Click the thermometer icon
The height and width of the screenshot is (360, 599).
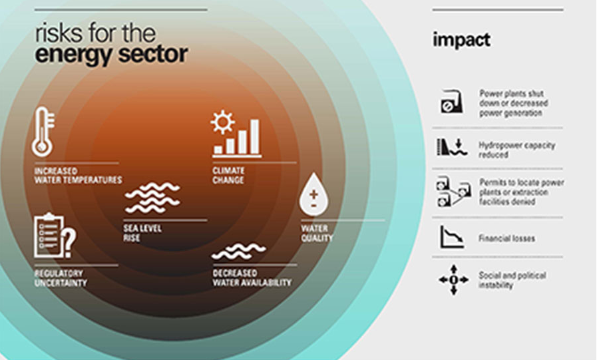click(42, 132)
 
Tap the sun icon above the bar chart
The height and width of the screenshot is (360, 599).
click(222, 122)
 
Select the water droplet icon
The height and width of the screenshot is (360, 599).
click(312, 195)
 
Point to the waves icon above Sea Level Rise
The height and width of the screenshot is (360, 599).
click(152, 198)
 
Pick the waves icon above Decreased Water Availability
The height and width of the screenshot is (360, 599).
click(238, 251)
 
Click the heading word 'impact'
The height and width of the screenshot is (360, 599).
click(461, 40)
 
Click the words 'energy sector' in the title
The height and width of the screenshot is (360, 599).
click(111, 55)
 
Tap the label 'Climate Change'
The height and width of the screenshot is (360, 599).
click(228, 176)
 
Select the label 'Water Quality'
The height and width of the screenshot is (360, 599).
click(317, 234)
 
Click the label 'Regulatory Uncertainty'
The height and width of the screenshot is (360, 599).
click(61, 278)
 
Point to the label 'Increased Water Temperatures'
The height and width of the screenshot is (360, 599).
click(78, 176)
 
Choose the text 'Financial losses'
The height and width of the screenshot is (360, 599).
click(506, 238)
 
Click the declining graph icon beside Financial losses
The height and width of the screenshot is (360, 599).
click(451, 237)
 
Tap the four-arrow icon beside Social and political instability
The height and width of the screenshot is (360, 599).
click(453, 279)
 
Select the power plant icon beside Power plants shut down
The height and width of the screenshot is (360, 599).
click(451, 102)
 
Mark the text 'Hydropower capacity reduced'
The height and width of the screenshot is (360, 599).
click(516, 150)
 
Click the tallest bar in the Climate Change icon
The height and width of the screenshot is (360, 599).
click(255, 136)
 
